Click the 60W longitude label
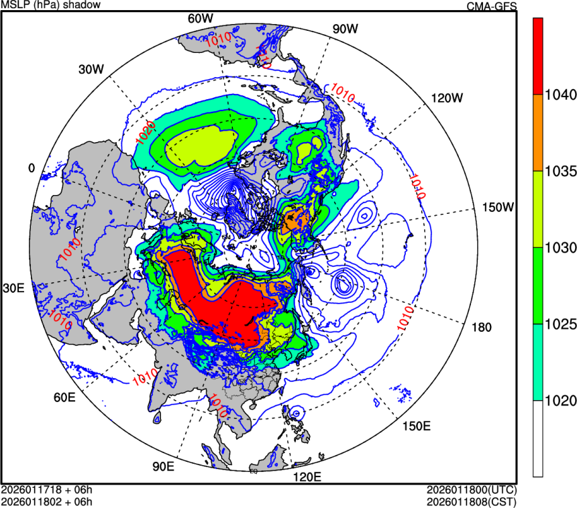tap(199, 19)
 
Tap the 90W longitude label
tap(345, 29)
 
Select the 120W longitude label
tap(447, 98)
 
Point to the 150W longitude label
tap(498, 207)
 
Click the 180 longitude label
tap(482, 328)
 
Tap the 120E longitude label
tap(307, 477)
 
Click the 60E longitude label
tap(64, 397)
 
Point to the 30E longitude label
tap(14, 288)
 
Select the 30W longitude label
tap(91, 69)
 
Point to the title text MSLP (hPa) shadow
tap(51, 5)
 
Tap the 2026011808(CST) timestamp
tap(472, 501)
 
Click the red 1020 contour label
tap(146, 133)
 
